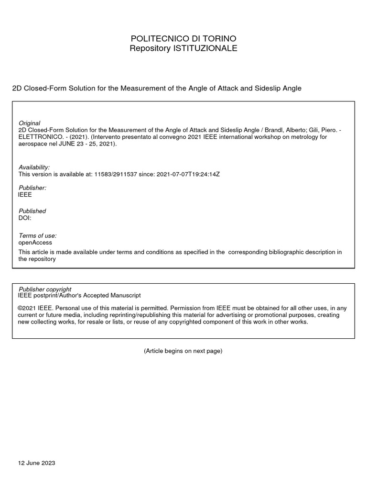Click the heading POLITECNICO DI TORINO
tap(183, 38)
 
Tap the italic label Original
tap(29, 123)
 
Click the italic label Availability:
tap(34, 167)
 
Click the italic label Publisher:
tap(32, 188)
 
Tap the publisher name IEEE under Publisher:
tap(25, 195)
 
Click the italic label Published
tap(32, 211)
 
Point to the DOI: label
tap(24, 218)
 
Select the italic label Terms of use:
tap(37, 235)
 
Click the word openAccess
tap(34, 243)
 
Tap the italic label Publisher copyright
tap(44, 289)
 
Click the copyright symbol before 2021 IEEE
tap(21, 309)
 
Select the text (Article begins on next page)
tap(183, 351)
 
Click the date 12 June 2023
tap(37, 463)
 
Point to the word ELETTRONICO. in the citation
tap(39, 136)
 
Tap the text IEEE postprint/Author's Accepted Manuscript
tap(79, 296)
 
